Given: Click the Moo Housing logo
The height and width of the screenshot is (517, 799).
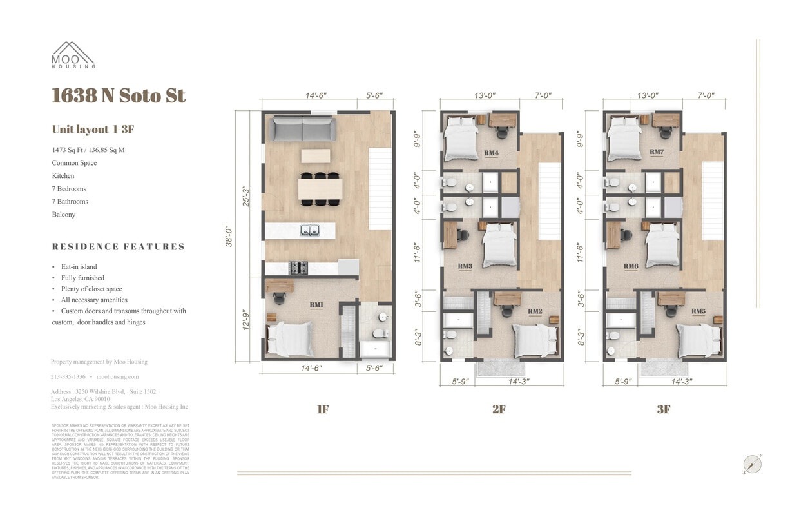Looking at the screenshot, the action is pyautogui.click(x=73, y=55).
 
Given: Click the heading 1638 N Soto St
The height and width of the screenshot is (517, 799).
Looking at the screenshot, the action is pyautogui.click(x=119, y=95).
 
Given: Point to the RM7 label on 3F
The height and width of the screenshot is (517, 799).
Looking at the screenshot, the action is pyautogui.click(x=657, y=152).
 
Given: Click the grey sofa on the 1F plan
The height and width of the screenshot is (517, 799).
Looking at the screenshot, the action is pyautogui.click(x=303, y=128).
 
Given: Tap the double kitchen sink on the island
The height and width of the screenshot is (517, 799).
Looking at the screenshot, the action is pyautogui.click(x=310, y=229).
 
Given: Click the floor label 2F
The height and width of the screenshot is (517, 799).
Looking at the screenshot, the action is pyautogui.click(x=499, y=409).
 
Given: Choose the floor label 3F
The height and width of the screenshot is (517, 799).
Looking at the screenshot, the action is pyautogui.click(x=663, y=409).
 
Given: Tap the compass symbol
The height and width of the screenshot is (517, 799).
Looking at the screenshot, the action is pyautogui.click(x=752, y=464).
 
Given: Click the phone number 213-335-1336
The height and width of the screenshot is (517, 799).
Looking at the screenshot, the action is pyautogui.click(x=68, y=376).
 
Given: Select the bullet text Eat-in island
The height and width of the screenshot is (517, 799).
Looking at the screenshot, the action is pyautogui.click(x=79, y=266).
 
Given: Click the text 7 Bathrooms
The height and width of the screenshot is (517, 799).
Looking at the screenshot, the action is pyautogui.click(x=70, y=201).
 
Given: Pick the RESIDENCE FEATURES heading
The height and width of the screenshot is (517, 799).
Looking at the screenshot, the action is pyautogui.click(x=119, y=246).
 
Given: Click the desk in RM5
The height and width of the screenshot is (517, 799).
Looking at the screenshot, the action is pyautogui.click(x=671, y=299).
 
